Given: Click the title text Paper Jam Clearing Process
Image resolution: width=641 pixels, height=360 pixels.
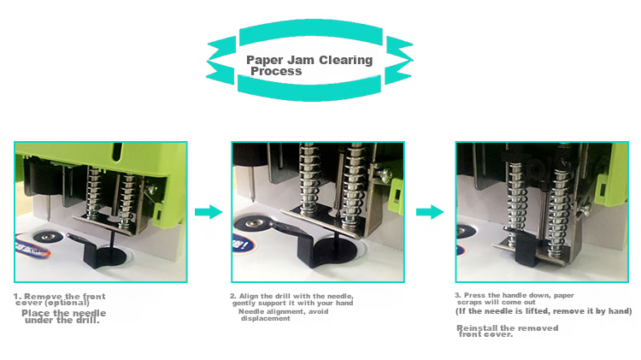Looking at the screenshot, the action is click(309, 66).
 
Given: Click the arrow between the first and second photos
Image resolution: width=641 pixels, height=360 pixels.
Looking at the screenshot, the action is click(209, 212).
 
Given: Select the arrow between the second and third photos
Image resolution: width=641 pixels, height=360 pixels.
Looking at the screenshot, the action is click(430, 212).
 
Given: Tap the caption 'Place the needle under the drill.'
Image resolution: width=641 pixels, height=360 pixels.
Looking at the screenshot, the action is click(63, 316).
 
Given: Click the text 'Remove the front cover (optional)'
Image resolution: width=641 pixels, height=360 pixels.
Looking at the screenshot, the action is click(60, 299).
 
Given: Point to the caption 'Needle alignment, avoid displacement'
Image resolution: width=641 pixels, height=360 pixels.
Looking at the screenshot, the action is click(283, 315).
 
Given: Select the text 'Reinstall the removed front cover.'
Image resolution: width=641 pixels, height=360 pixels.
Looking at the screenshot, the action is click(507, 331).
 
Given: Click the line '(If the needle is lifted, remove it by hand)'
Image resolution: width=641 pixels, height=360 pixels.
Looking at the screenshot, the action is click(544, 311).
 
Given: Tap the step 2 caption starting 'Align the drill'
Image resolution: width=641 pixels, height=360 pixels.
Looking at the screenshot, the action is click(292, 299).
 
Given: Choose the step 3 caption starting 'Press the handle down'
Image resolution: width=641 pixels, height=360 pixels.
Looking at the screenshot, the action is click(515, 298).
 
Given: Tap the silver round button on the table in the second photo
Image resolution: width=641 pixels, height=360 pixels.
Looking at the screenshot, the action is click(254, 223).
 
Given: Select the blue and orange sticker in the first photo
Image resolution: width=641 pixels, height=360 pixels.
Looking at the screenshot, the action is click(32, 246).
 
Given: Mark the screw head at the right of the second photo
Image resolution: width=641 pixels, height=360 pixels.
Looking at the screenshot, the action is click(383, 174).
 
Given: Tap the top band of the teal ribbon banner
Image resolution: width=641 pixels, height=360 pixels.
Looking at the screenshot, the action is click(311, 32).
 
